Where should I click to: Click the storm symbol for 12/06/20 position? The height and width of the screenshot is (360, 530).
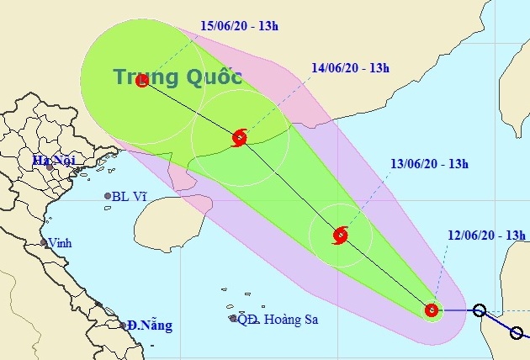[432, 310]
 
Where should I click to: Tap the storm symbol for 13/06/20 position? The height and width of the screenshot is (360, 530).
[340, 236]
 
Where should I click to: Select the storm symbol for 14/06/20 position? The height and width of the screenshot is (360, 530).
[240, 137]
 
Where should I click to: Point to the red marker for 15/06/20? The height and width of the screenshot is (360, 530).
[141, 81]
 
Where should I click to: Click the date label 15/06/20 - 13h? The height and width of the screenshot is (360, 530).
[238, 25]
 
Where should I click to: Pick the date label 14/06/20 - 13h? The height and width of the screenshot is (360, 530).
[349, 67]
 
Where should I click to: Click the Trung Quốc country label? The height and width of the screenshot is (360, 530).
[178, 78]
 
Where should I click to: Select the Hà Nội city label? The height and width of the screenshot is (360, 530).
[48, 159]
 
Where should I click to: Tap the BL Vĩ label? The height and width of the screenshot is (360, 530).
[133, 197]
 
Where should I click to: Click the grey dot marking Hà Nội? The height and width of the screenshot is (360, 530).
[51, 167]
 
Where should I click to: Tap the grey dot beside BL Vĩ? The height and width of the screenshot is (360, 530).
[108, 196]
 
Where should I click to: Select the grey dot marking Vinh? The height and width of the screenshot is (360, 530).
[44, 243]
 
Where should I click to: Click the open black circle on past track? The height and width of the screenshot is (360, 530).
[479, 310]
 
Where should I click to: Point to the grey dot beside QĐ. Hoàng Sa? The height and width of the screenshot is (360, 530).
[233, 318]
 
